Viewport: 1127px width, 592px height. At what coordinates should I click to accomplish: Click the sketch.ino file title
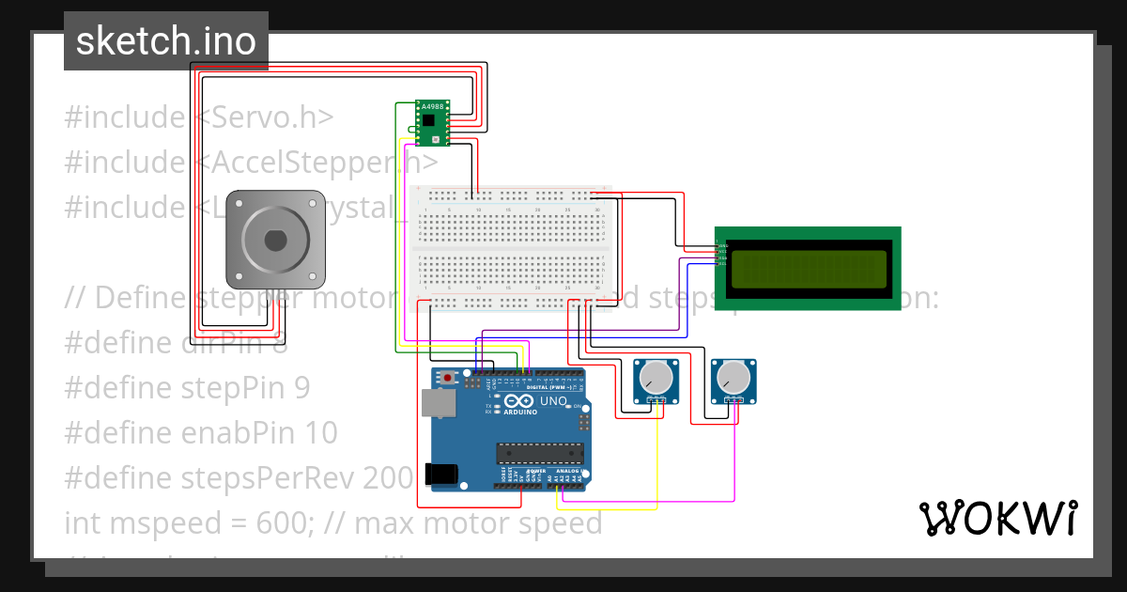point(165,41)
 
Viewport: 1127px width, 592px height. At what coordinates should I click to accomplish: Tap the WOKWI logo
point(997,518)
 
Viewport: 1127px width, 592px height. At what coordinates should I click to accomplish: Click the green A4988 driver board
point(431,123)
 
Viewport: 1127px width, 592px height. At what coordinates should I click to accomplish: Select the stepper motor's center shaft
point(275,240)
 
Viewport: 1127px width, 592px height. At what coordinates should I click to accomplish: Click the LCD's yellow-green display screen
point(808,269)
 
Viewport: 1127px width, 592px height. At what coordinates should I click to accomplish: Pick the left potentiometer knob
point(656,379)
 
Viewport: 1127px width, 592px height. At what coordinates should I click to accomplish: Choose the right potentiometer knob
point(732,379)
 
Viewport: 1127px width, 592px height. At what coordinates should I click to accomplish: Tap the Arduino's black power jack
point(443,475)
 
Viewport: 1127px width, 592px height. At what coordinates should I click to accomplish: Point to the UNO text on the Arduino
point(553,401)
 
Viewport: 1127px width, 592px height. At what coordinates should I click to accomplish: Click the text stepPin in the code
point(229,388)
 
